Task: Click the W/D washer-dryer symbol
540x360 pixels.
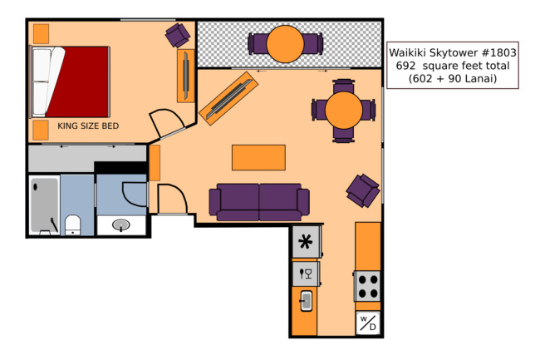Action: [368, 323]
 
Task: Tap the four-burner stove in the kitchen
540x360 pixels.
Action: [367, 286]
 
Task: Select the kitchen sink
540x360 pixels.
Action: [307, 301]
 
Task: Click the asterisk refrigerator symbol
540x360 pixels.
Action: [306, 241]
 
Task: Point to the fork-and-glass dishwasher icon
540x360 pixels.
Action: [306, 274]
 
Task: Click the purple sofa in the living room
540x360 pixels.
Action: [259, 202]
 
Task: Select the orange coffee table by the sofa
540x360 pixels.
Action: [258, 157]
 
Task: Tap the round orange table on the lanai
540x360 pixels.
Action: [285, 44]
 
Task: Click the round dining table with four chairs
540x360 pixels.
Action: [344, 111]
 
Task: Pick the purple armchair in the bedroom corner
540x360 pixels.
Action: [177, 35]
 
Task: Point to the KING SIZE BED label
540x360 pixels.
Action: [88, 126]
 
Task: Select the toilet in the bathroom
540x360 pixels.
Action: [72, 225]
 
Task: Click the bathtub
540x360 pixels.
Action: [44, 205]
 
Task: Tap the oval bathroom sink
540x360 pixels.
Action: [121, 225]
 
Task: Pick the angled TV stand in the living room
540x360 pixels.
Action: [228, 99]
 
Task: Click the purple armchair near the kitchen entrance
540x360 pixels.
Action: [363, 190]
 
